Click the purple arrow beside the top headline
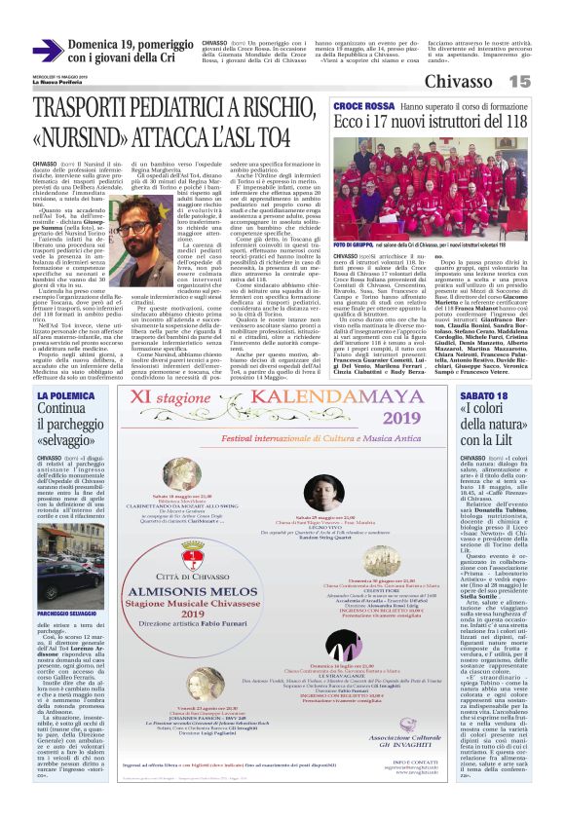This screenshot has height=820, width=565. [x=48, y=51]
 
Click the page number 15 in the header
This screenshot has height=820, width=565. [x=519, y=81]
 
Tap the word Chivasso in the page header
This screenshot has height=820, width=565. [x=458, y=81]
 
